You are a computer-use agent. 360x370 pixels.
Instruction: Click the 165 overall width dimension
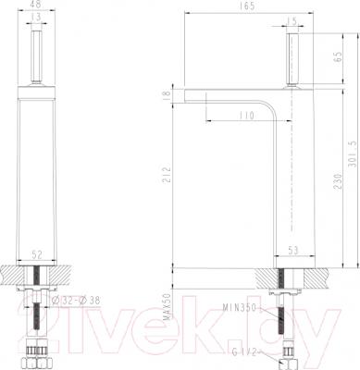click(245, 6)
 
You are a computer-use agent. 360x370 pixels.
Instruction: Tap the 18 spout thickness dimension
click(165, 93)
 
